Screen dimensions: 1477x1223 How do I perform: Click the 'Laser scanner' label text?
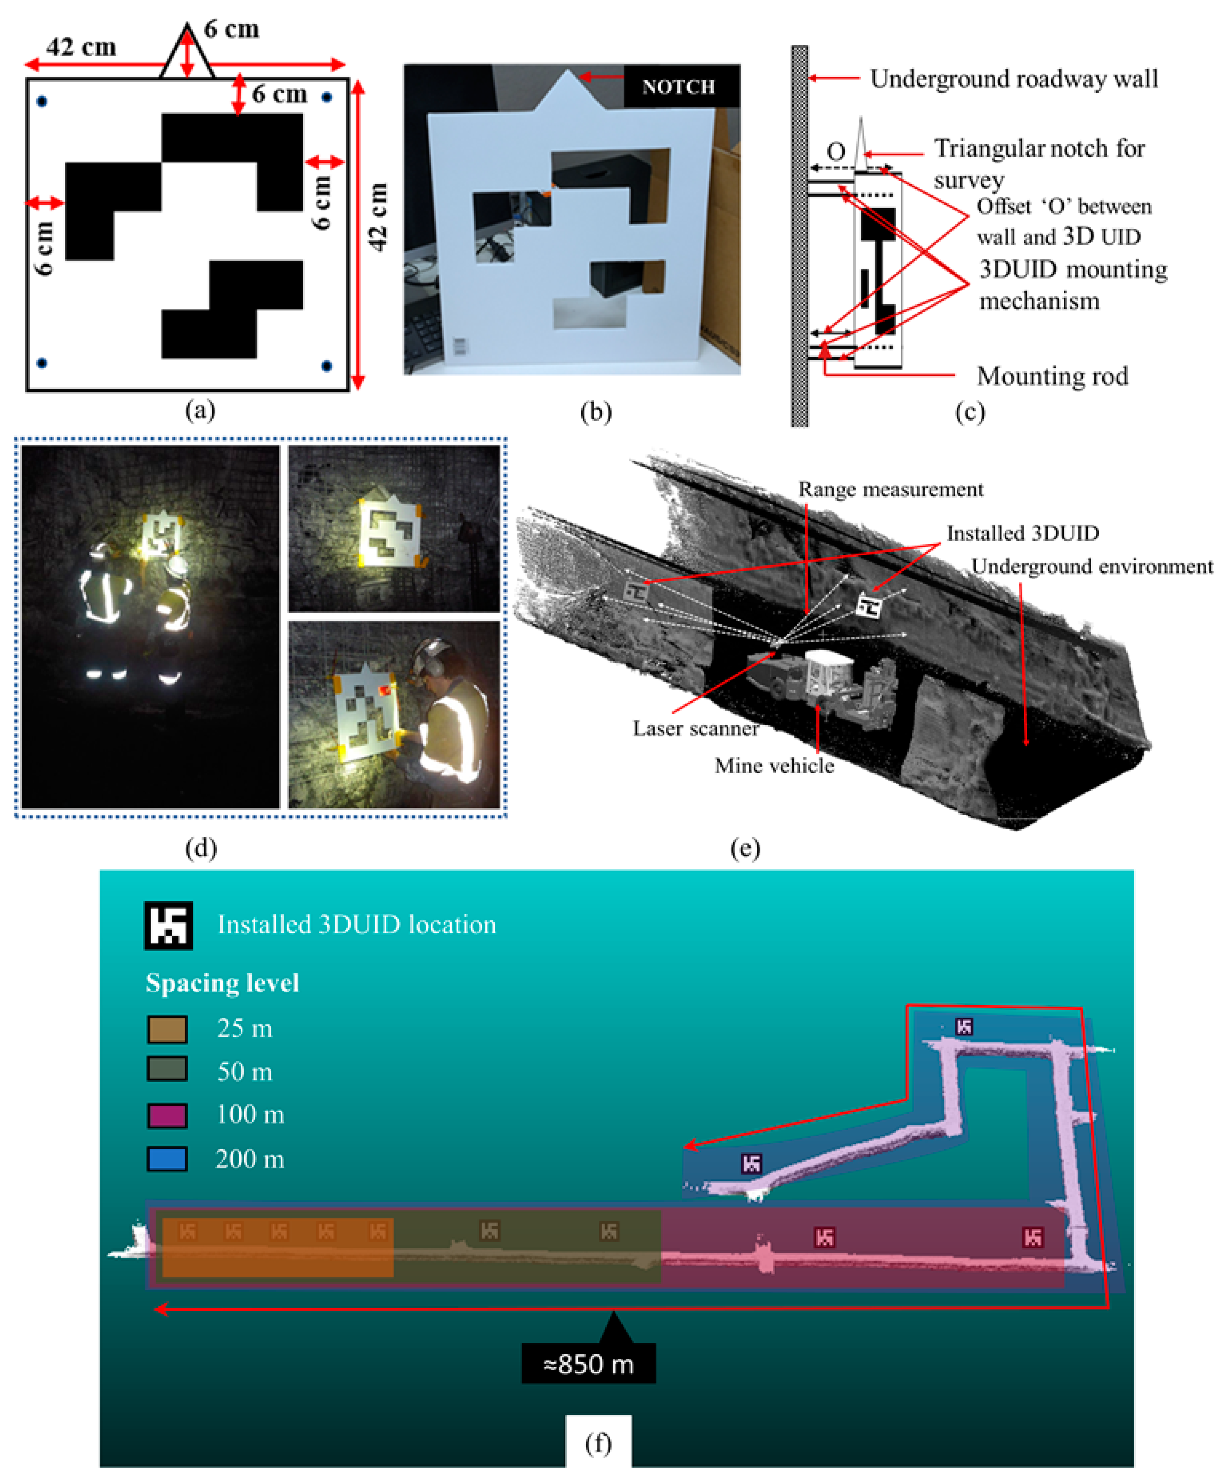(x=695, y=729)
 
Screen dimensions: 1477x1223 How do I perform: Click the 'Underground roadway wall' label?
(x=1014, y=79)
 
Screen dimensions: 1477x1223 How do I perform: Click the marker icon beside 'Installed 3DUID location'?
(x=168, y=925)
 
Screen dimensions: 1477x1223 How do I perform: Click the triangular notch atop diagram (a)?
(x=187, y=53)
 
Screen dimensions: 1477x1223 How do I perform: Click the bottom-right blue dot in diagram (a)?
(x=327, y=366)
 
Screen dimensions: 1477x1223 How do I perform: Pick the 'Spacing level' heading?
(x=222, y=983)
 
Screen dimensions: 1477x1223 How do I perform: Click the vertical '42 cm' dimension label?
(x=378, y=217)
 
